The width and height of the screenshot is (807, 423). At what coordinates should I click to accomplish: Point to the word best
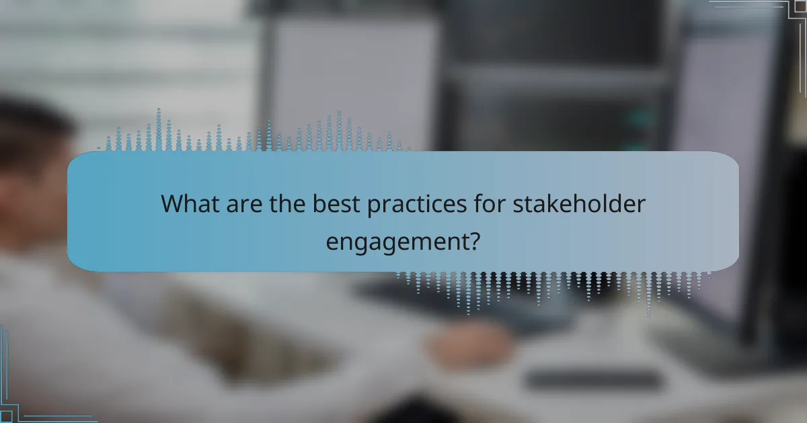[338, 203]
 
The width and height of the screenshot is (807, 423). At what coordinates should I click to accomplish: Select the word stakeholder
[578, 203]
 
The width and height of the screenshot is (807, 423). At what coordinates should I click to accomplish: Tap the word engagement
[397, 240]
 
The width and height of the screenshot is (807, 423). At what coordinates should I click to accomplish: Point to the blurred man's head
[34, 154]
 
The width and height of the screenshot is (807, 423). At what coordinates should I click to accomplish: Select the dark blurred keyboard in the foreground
[592, 379]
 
